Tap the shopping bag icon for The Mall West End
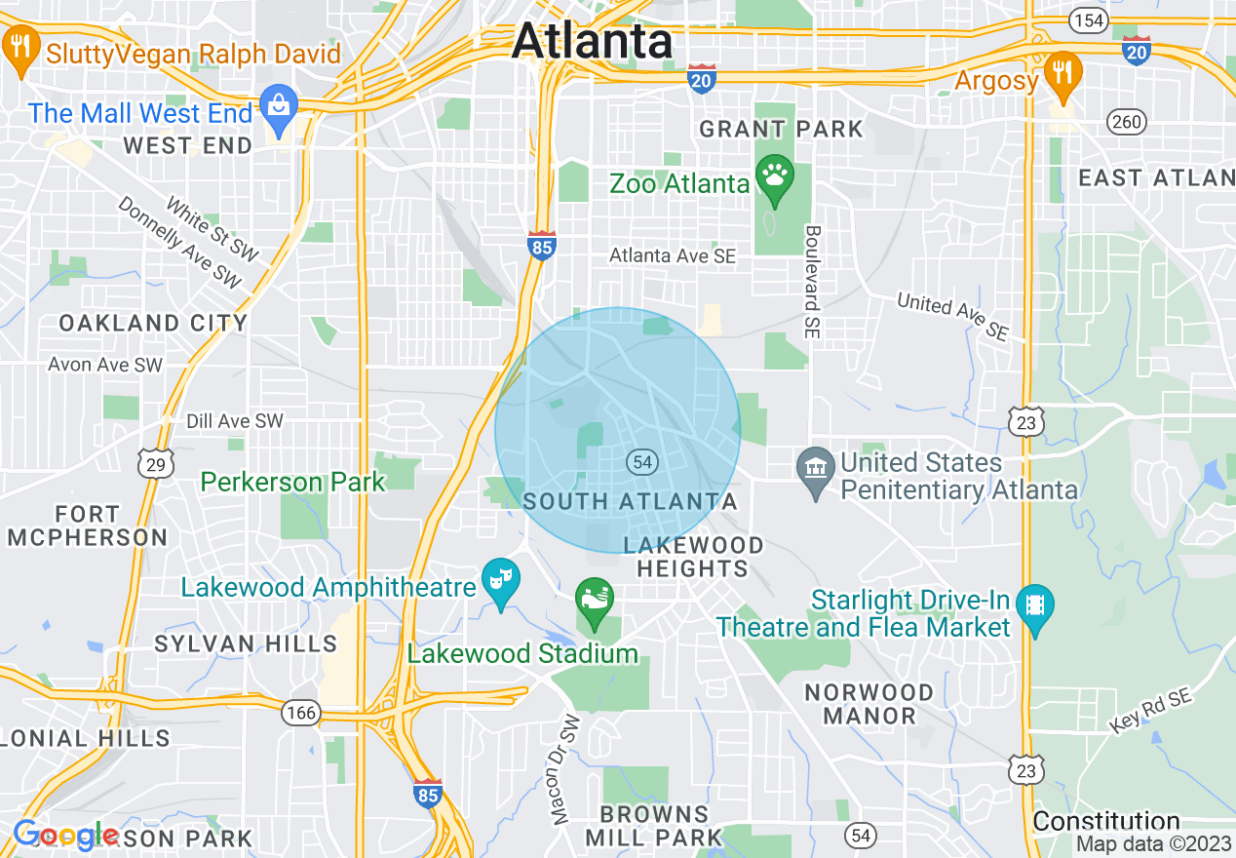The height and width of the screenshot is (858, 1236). click(280, 110)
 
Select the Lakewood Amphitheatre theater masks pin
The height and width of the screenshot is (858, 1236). click(501, 581)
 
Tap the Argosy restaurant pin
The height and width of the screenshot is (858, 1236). click(1062, 75)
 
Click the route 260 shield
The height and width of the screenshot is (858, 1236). click(1127, 122)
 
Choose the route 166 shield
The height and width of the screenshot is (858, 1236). click(301, 713)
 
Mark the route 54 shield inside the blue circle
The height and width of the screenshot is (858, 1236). click(640, 462)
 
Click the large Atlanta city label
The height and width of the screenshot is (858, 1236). click(592, 41)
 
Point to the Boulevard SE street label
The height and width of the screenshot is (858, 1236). click(812, 283)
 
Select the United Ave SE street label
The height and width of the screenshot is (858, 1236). click(952, 316)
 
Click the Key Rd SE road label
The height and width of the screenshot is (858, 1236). click(1150, 711)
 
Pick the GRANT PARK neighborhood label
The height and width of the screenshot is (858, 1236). click(781, 129)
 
